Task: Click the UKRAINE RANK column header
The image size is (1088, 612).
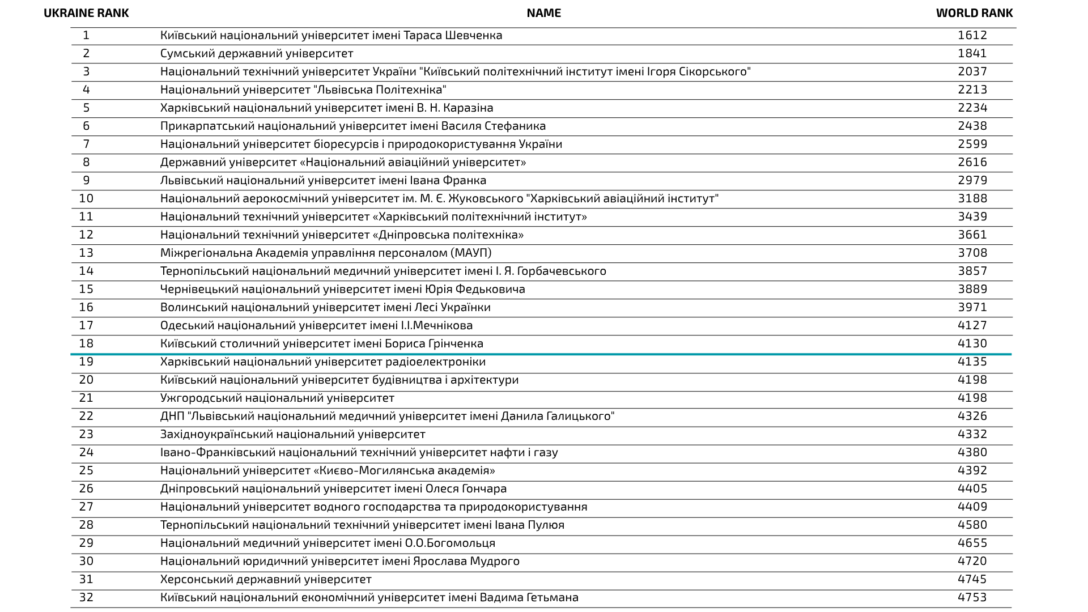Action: tap(86, 13)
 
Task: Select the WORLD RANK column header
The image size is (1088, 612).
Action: tap(974, 13)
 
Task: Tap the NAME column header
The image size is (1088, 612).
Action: tap(543, 13)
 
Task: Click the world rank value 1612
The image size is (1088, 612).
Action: tap(972, 35)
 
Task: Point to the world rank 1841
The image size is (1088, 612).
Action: tap(972, 53)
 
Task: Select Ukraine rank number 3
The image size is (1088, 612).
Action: tap(86, 71)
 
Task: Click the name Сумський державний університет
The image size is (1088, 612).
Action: tap(257, 53)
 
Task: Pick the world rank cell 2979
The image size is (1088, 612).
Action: tap(972, 180)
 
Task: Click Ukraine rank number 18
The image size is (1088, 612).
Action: tap(86, 343)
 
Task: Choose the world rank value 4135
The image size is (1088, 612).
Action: tap(972, 362)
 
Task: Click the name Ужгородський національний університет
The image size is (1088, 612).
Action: tap(277, 398)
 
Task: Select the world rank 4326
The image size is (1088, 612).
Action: tap(972, 416)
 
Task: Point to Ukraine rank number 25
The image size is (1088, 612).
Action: tap(86, 470)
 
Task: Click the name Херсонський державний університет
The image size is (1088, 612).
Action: tap(266, 579)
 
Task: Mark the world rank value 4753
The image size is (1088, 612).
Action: tap(972, 597)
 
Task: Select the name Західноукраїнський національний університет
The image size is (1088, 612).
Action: tap(292, 434)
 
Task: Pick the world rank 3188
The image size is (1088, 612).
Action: tap(972, 198)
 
